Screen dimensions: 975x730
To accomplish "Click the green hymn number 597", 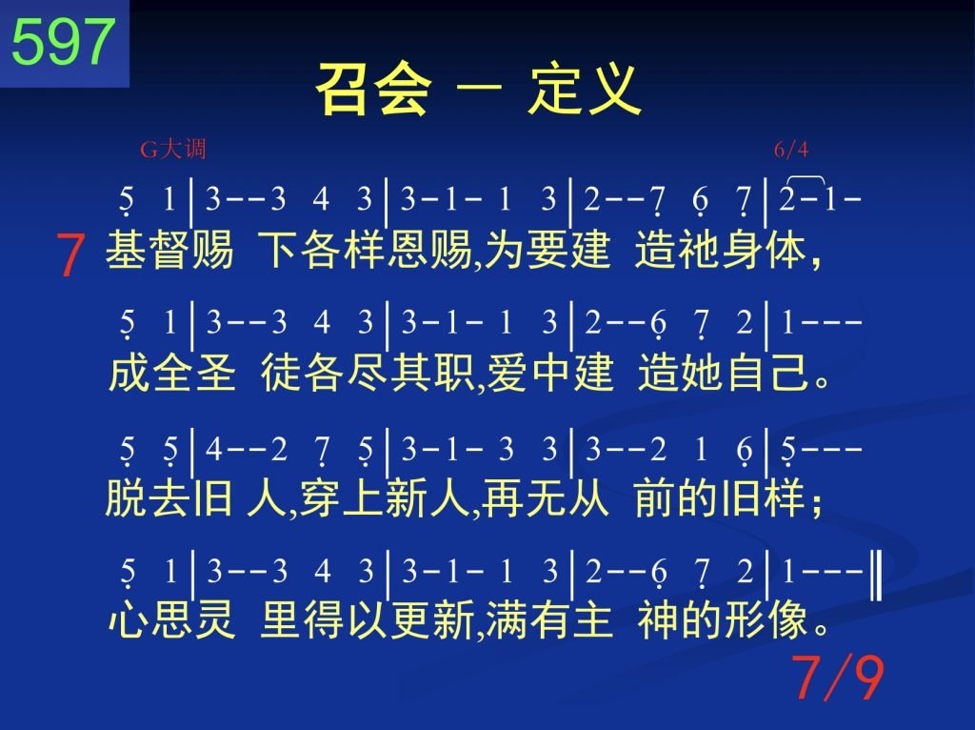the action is [64, 41].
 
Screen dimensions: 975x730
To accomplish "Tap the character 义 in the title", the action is [614, 89].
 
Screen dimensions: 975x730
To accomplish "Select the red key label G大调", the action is [173, 150].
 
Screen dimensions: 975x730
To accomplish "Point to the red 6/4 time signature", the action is [791, 150].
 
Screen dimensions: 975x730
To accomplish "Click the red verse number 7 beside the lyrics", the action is [70, 254].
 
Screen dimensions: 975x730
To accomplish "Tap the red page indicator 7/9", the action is [838, 678].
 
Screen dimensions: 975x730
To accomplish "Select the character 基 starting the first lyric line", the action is [127, 250].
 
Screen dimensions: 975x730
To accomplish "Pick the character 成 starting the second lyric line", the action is [129, 373].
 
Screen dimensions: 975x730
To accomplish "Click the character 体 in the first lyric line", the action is [786, 250].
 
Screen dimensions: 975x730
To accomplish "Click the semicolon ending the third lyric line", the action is [817, 504].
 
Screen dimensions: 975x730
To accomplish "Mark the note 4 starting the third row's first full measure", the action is [213, 449].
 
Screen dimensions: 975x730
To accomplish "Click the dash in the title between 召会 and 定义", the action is [479, 88].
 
